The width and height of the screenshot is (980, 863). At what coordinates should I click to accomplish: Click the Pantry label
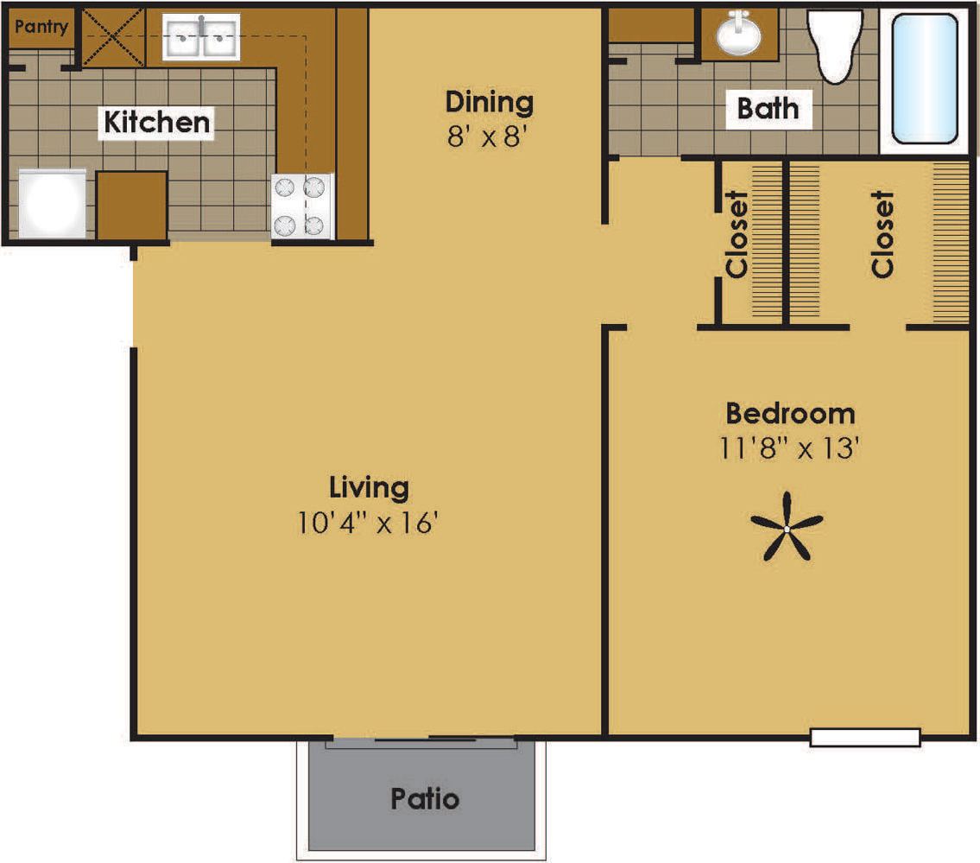[41, 27]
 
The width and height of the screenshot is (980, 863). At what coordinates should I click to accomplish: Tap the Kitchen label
[157, 123]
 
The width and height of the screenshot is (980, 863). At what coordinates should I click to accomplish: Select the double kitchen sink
[201, 38]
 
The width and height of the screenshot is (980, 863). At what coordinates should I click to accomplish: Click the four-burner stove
[302, 206]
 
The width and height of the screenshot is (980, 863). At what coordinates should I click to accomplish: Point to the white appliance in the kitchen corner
[53, 203]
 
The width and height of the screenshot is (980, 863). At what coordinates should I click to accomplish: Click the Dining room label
[489, 102]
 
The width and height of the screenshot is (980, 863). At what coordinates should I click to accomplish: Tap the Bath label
[768, 109]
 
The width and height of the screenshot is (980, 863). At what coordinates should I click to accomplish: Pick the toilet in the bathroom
[835, 44]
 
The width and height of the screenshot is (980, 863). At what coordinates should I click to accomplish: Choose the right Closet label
[882, 234]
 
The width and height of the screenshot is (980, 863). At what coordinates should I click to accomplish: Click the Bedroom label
[789, 413]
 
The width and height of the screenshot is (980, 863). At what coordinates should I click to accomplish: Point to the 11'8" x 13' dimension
[791, 449]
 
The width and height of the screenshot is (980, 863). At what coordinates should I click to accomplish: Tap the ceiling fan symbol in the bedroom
[787, 526]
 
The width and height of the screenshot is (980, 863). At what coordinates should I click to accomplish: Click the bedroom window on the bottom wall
[865, 737]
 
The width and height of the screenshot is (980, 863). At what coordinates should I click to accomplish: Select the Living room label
[369, 487]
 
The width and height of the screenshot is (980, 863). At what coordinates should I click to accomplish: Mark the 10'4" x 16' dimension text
[370, 524]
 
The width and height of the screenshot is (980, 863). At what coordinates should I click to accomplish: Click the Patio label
[425, 798]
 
